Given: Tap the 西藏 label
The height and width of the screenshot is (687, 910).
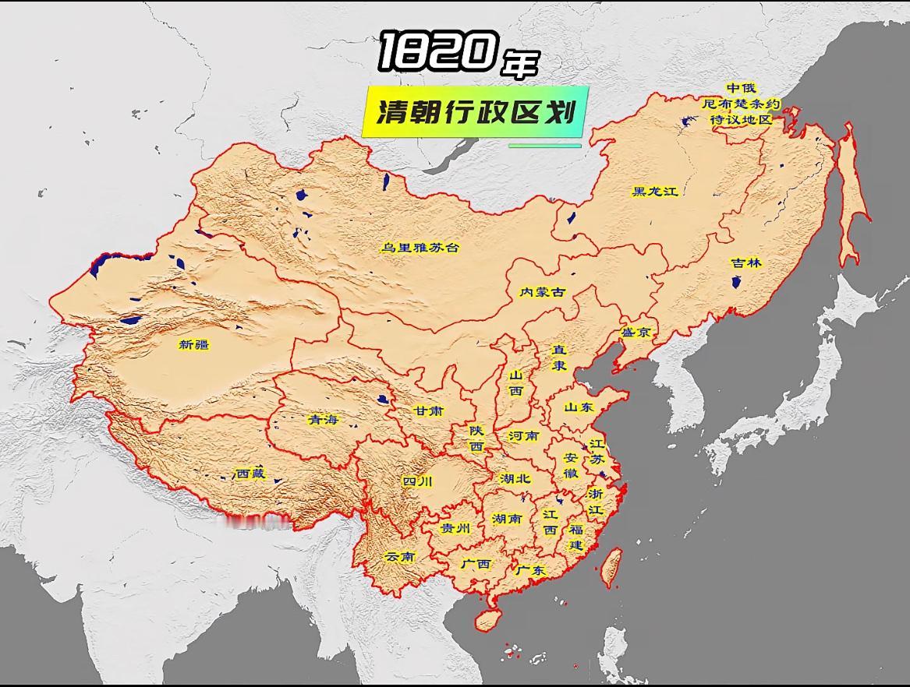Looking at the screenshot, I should point(250,473).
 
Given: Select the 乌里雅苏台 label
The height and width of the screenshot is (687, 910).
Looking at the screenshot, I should point(420,248).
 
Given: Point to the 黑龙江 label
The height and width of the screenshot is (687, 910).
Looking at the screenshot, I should point(655,192).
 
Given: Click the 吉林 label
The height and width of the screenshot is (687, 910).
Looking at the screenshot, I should point(745,263).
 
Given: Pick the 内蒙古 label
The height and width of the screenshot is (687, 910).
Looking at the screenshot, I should point(542,292).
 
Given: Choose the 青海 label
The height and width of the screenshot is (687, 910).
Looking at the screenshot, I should point(324,419).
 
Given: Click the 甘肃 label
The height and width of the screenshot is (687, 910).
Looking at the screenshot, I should point(429,410).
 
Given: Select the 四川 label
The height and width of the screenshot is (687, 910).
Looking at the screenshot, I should point(417,481).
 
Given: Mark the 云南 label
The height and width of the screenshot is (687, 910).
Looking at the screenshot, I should point(400,557).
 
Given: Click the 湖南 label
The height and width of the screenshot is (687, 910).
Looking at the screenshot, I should point(507,518).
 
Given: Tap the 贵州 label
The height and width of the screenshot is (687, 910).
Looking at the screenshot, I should point(456,527).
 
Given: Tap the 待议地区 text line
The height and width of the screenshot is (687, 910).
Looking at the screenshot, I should point(740,120).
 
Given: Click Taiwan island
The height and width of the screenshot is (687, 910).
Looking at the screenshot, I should point(613,566).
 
